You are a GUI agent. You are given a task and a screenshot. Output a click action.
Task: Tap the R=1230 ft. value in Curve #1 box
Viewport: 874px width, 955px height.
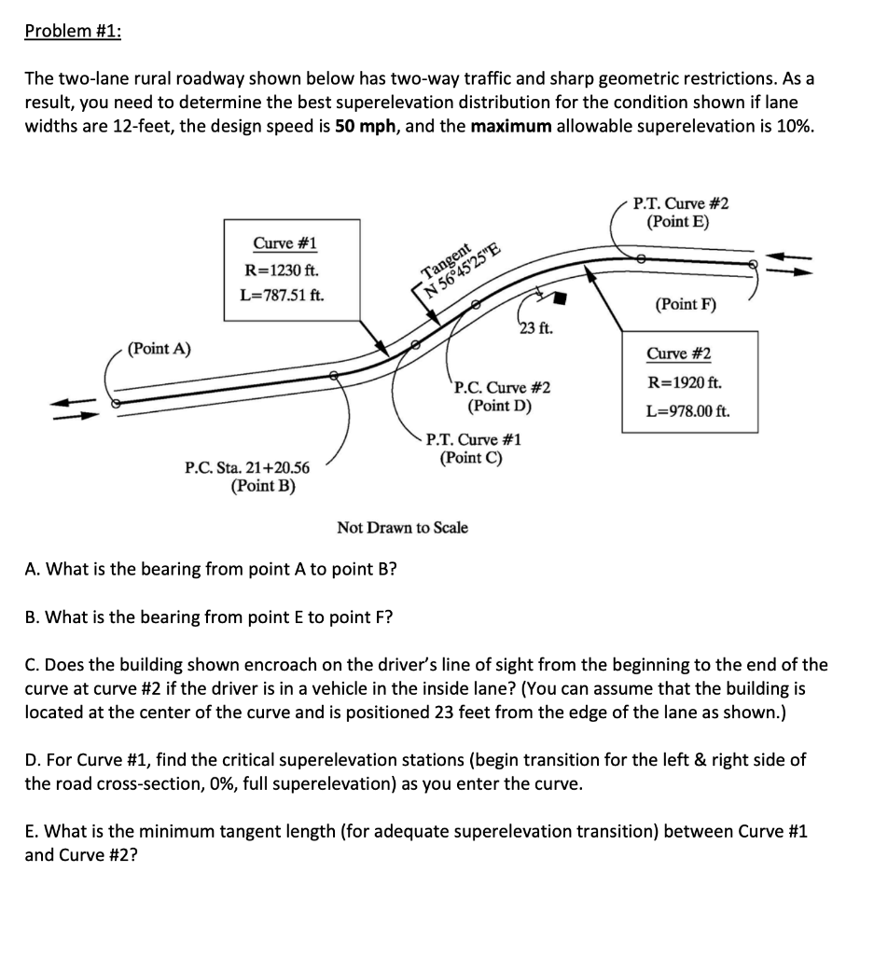pyautogui.click(x=281, y=270)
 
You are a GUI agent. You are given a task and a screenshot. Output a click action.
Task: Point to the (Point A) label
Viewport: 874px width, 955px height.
pyautogui.click(x=160, y=349)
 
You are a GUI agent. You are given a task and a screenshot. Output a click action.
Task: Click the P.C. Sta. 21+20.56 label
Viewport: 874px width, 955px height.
pyautogui.click(x=249, y=468)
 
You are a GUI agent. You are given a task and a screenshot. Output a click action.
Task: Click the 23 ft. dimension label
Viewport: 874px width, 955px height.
pyautogui.click(x=539, y=326)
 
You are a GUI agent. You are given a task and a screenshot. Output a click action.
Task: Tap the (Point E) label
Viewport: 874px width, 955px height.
pyautogui.click(x=680, y=222)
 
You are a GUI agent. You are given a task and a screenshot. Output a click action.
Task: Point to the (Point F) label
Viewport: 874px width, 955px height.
pyautogui.click(x=687, y=304)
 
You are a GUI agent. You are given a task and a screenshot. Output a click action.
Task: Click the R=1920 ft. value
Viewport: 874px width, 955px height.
pyautogui.click(x=683, y=382)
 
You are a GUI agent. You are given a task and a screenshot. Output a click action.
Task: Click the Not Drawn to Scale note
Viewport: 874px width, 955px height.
pyautogui.click(x=402, y=528)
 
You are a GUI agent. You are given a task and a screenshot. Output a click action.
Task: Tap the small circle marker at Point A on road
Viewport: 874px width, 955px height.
pyautogui.click(x=116, y=404)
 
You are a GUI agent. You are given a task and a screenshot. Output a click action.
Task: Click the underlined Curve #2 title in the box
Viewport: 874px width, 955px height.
pyautogui.click(x=678, y=354)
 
